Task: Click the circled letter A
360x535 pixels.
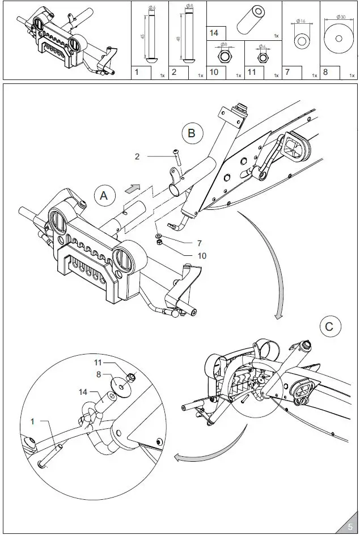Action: (x=103, y=196)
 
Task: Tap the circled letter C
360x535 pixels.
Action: (x=329, y=327)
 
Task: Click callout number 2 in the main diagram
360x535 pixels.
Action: (x=137, y=156)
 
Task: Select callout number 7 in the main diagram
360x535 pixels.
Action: (x=199, y=243)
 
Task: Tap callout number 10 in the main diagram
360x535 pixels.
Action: (x=201, y=255)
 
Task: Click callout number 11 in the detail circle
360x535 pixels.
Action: (x=97, y=361)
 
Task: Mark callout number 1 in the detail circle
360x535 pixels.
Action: (x=32, y=422)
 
